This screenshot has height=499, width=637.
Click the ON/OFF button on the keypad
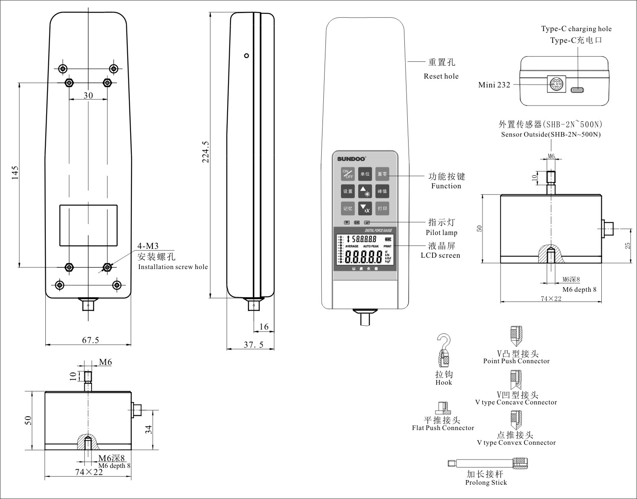348,174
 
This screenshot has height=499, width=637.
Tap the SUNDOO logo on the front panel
351,159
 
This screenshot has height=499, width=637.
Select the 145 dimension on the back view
15,172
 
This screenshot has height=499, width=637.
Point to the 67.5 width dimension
90,340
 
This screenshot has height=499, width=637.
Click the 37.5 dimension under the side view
254,345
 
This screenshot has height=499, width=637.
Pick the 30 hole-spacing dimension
88,95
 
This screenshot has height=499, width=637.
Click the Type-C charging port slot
577,90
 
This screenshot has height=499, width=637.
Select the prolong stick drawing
487,463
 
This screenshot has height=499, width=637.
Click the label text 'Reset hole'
441,76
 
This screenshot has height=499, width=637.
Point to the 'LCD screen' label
440,255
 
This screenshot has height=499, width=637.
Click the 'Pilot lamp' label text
441,232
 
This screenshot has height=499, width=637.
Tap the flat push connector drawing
443,408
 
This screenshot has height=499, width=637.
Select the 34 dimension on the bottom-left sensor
148,430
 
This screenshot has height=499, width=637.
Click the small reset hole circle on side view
246,55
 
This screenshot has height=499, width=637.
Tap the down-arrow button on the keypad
365,208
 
